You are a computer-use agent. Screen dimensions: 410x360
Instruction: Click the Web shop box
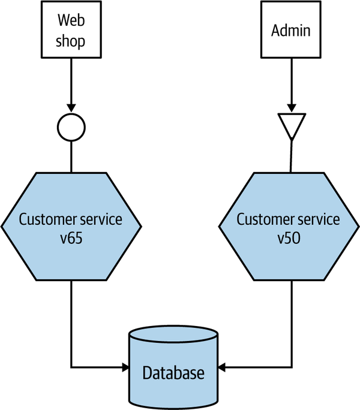click(71, 29)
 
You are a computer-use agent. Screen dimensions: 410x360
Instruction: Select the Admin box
click(291, 29)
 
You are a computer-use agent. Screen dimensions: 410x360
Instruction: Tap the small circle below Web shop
click(71, 127)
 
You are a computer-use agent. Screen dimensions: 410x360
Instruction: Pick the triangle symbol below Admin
click(291, 125)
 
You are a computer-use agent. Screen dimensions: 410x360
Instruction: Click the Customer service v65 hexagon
click(71, 227)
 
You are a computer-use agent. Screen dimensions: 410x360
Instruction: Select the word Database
click(173, 373)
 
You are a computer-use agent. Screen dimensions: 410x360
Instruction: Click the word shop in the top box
click(71, 41)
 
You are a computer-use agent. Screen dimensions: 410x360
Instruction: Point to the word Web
click(71, 20)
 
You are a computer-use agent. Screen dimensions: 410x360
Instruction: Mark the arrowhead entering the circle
click(71, 108)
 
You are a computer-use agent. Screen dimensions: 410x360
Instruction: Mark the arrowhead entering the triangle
click(291, 108)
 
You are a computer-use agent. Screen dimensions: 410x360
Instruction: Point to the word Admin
click(291, 31)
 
